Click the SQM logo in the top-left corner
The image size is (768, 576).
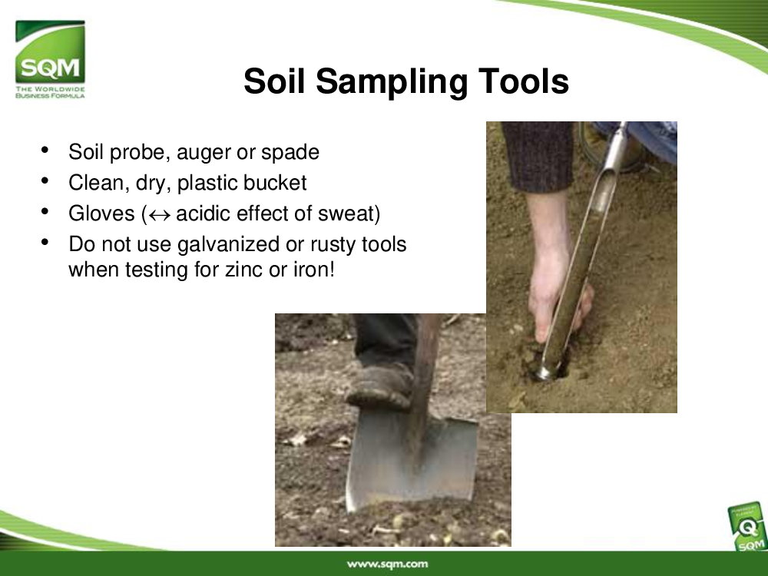50,59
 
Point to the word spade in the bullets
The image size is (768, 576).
290,152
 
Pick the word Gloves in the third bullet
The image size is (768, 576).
101,214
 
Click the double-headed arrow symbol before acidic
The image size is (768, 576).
159,215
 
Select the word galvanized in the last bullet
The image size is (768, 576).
228,245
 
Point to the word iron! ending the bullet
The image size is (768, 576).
314,270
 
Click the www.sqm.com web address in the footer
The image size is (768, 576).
387,564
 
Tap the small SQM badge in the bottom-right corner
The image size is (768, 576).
747,528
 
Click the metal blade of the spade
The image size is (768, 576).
412,463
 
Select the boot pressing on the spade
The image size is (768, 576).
379,387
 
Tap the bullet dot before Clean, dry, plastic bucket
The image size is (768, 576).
45,181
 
